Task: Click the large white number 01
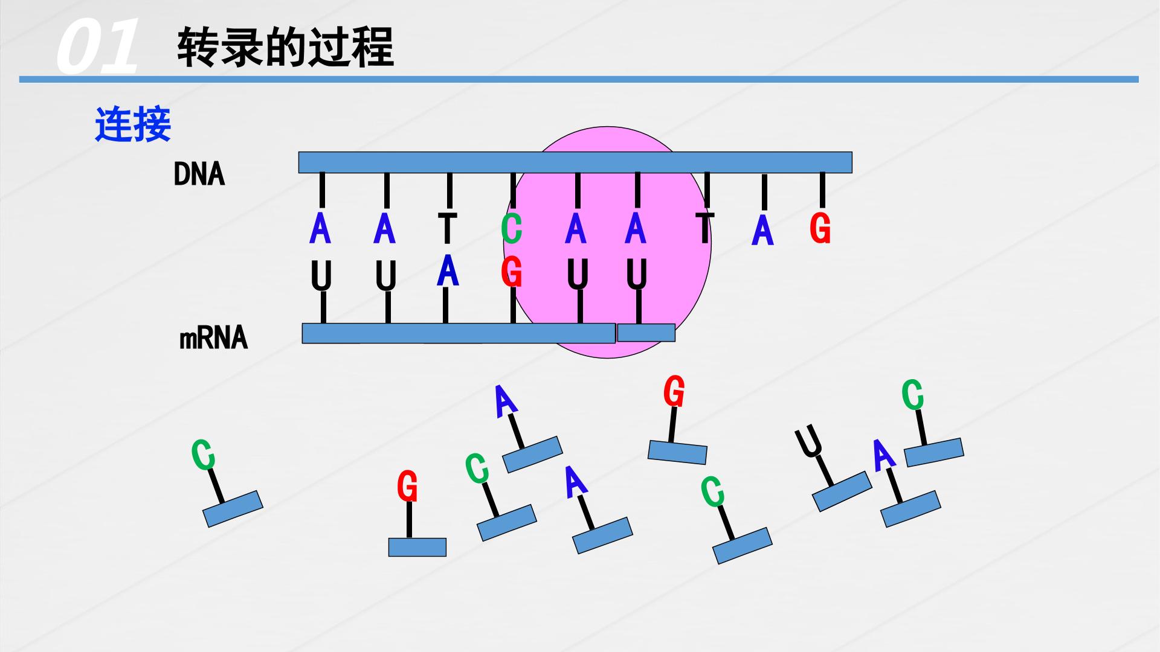(x=97, y=46)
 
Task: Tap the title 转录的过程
(x=285, y=47)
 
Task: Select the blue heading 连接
(x=133, y=124)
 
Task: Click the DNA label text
(x=199, y=174)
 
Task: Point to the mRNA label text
(x=214, y=337)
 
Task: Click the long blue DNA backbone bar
(x=575, y=162)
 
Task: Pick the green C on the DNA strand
(x=512, y=229)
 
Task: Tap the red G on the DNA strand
(x=820, y=228)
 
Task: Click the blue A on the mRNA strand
(x=448, y=270)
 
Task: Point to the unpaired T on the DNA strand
(x=704, y=228)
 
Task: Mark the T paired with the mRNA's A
(x=447, y=228)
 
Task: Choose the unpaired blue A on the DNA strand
(x=762, y=231)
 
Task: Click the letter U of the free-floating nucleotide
(x=809, y=441)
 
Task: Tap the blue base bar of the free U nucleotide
(x=842, y=491)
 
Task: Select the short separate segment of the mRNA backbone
(x=646, y=333)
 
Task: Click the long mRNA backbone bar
(x=459, y=333)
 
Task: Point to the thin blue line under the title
(x=579, y=79)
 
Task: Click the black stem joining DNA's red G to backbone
(x=822, y=190)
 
